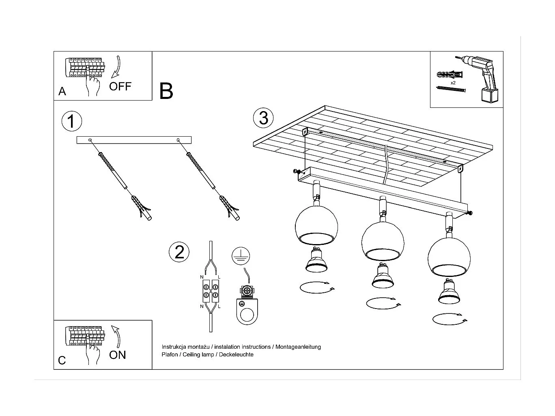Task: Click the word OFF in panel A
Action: coord(120,86)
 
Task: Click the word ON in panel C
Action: coord(117,355)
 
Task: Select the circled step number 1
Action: coord(71,121)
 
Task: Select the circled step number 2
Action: coord(179,252)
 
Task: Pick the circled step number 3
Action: coord(263,118)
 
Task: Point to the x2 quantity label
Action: coord(453,83)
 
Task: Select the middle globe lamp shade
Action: coord(383,241)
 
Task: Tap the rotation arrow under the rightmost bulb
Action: coord(449,319)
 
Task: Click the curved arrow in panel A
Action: coord(116,67)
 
